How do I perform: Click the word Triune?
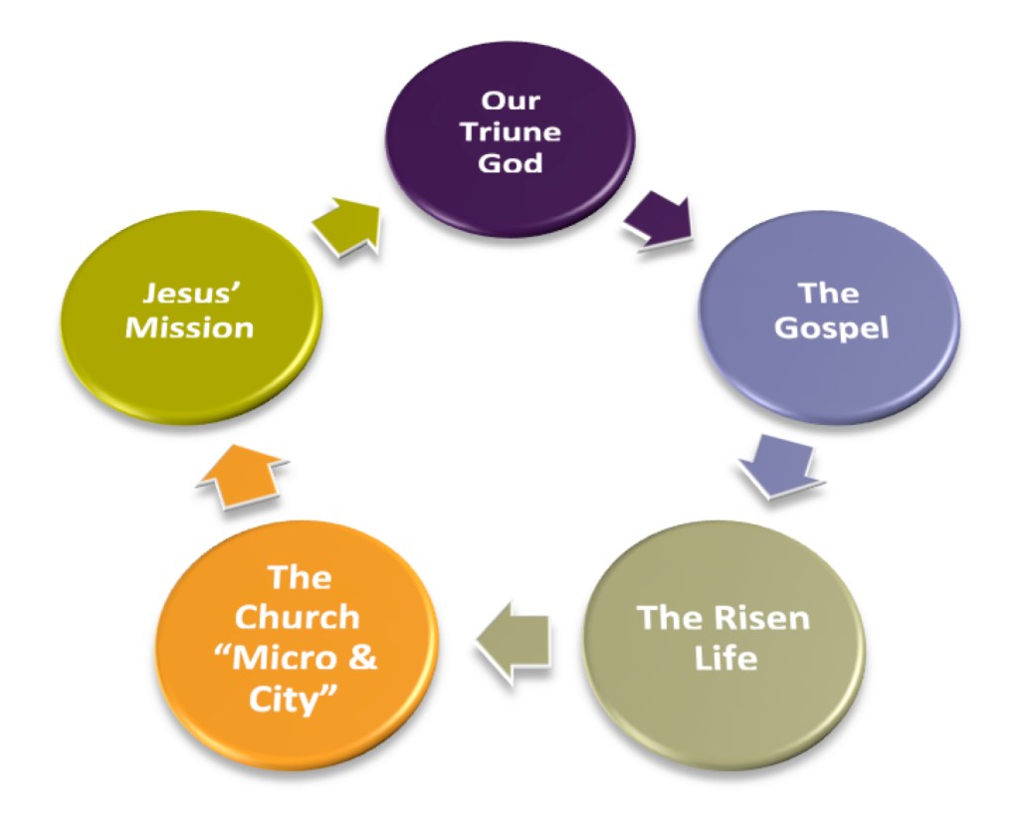[x=509, y=131]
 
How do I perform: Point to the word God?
[x=509, y=162]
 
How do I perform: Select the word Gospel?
[x=831, y=327]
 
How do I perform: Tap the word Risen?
[x=763, y=618]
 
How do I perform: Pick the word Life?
[x=723, y=658]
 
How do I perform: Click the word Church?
[x=297, y=617]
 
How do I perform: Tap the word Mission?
[x=189, y=327]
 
